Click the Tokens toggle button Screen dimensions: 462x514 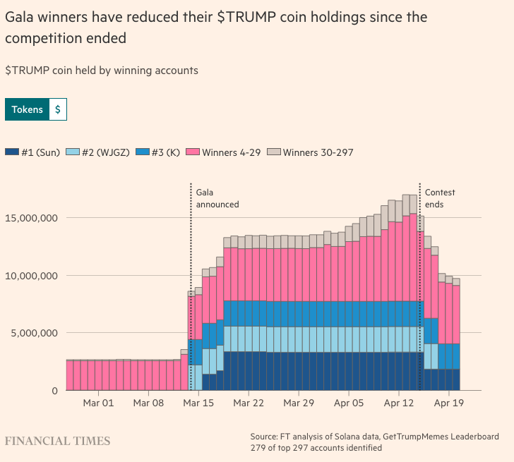click(x=27, y=109)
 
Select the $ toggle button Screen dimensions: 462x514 click(x=58, y=109)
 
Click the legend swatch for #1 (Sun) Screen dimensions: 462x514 click(x=11, y=152)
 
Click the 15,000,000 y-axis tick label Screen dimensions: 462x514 click(x=30, y=218)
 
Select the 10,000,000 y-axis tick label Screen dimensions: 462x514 click(x=30, y=276)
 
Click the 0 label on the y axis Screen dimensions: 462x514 click(x=54, y=391)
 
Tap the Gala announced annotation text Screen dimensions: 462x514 click(x=217, y=198)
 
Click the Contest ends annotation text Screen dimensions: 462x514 click(x=439, y=198)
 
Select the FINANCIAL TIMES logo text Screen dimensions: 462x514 click(x=58, y=441)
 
